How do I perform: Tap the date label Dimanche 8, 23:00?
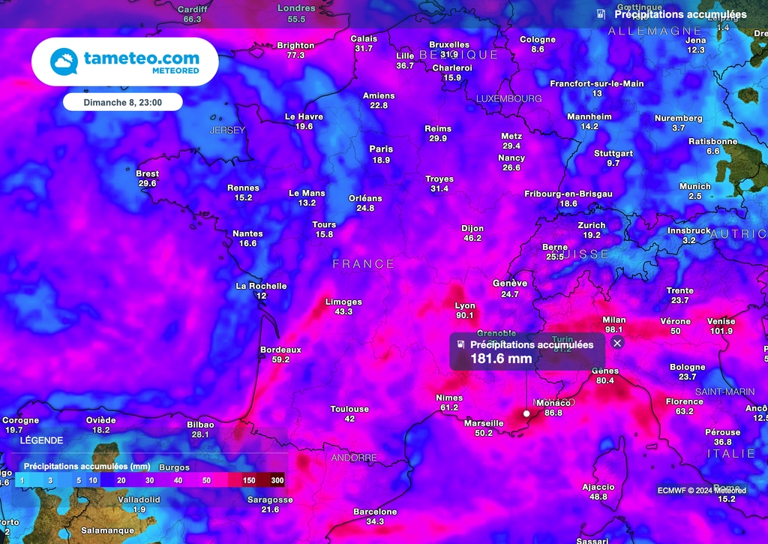click(x=122, y=101)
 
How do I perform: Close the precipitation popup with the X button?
click(x=617, y=343)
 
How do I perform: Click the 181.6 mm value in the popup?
click(x=501, y=359)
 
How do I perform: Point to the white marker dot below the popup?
click(x=526, y=413)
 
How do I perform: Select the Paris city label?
click(x=381, y=149)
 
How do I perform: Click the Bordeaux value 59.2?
click(x=280, y=359)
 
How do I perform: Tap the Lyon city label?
click(x=465, y=305)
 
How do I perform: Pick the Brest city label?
click(x=147, y=173)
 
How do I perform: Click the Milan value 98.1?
click(x=614, y=329)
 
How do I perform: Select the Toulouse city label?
click(x=349, y=409)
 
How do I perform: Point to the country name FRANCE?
click(x=363, y=264)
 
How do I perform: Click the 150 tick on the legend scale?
click(x=249, y=480)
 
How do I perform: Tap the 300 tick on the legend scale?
click(x=277, y=480)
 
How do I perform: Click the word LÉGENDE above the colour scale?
click(x=42, y=440)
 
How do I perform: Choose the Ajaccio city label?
click(x=598, y=487)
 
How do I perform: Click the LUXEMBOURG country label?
click(x=508, y=99)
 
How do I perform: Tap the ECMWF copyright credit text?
click(x=702, y=491)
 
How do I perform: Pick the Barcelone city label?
click(x=375, y=512)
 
